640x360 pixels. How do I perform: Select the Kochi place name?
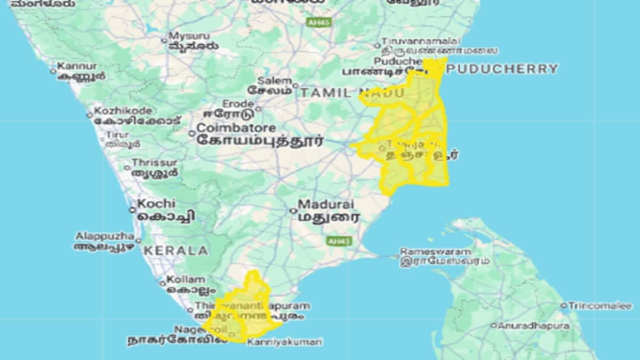click(x=156, y=204)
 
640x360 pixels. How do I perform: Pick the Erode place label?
click(x=238, y=103)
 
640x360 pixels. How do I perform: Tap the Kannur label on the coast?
click(x=77, y=67)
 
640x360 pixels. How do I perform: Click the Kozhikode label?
click(x=123, y=111)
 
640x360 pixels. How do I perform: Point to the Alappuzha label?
click(x=105, y=236)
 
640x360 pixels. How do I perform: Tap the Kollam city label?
click(x=186, y=279)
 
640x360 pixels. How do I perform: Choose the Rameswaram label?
click(x=436, y=251)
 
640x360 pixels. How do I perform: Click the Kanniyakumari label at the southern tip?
click(x=285, y=341)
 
